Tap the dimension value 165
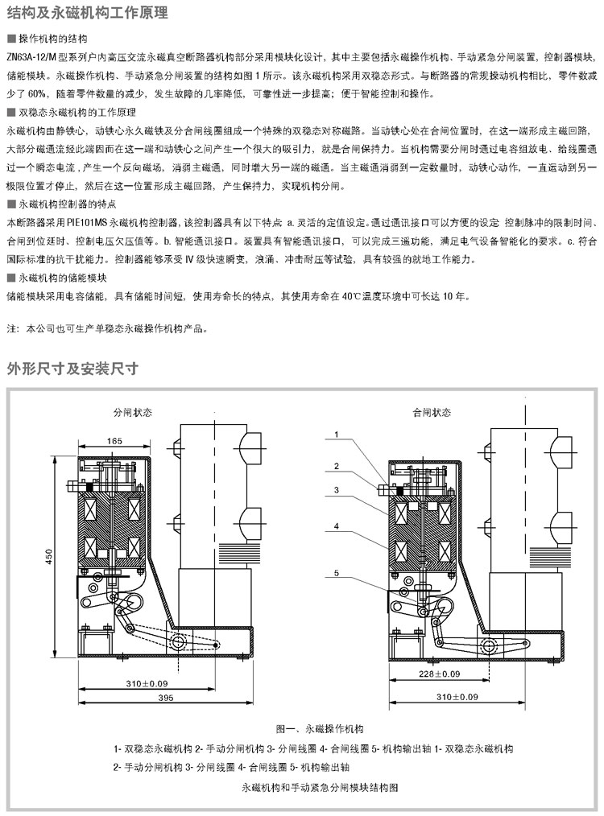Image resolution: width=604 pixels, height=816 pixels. click(113, 440)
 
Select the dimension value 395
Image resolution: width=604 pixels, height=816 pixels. click(166, 697)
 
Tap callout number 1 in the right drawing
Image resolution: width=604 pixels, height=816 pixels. click(338, 435)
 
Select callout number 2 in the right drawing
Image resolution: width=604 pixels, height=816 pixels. click(338, 466)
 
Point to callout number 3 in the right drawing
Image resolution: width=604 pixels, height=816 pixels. click(338, 490)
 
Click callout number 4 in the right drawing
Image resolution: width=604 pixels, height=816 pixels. click(338, 526)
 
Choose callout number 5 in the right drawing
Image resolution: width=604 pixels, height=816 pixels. click(338, 574)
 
